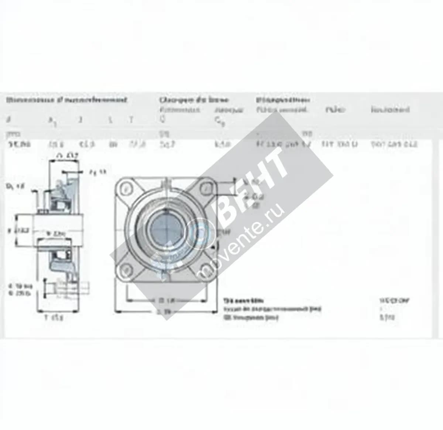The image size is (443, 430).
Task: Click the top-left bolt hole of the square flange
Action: pos(127,189)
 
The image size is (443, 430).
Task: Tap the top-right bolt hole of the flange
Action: pos(206,189)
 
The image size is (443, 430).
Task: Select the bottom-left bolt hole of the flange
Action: pos(127,269)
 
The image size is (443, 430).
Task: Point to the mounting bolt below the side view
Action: pos(66,287)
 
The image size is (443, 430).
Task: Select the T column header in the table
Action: pos(131,120)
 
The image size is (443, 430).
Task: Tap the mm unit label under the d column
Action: pos(14,134)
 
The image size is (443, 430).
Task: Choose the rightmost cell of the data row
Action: pos(394,144)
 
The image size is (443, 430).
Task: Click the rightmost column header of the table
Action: pos(390,110)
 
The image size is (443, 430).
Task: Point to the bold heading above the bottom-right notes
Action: pos(244,301)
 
